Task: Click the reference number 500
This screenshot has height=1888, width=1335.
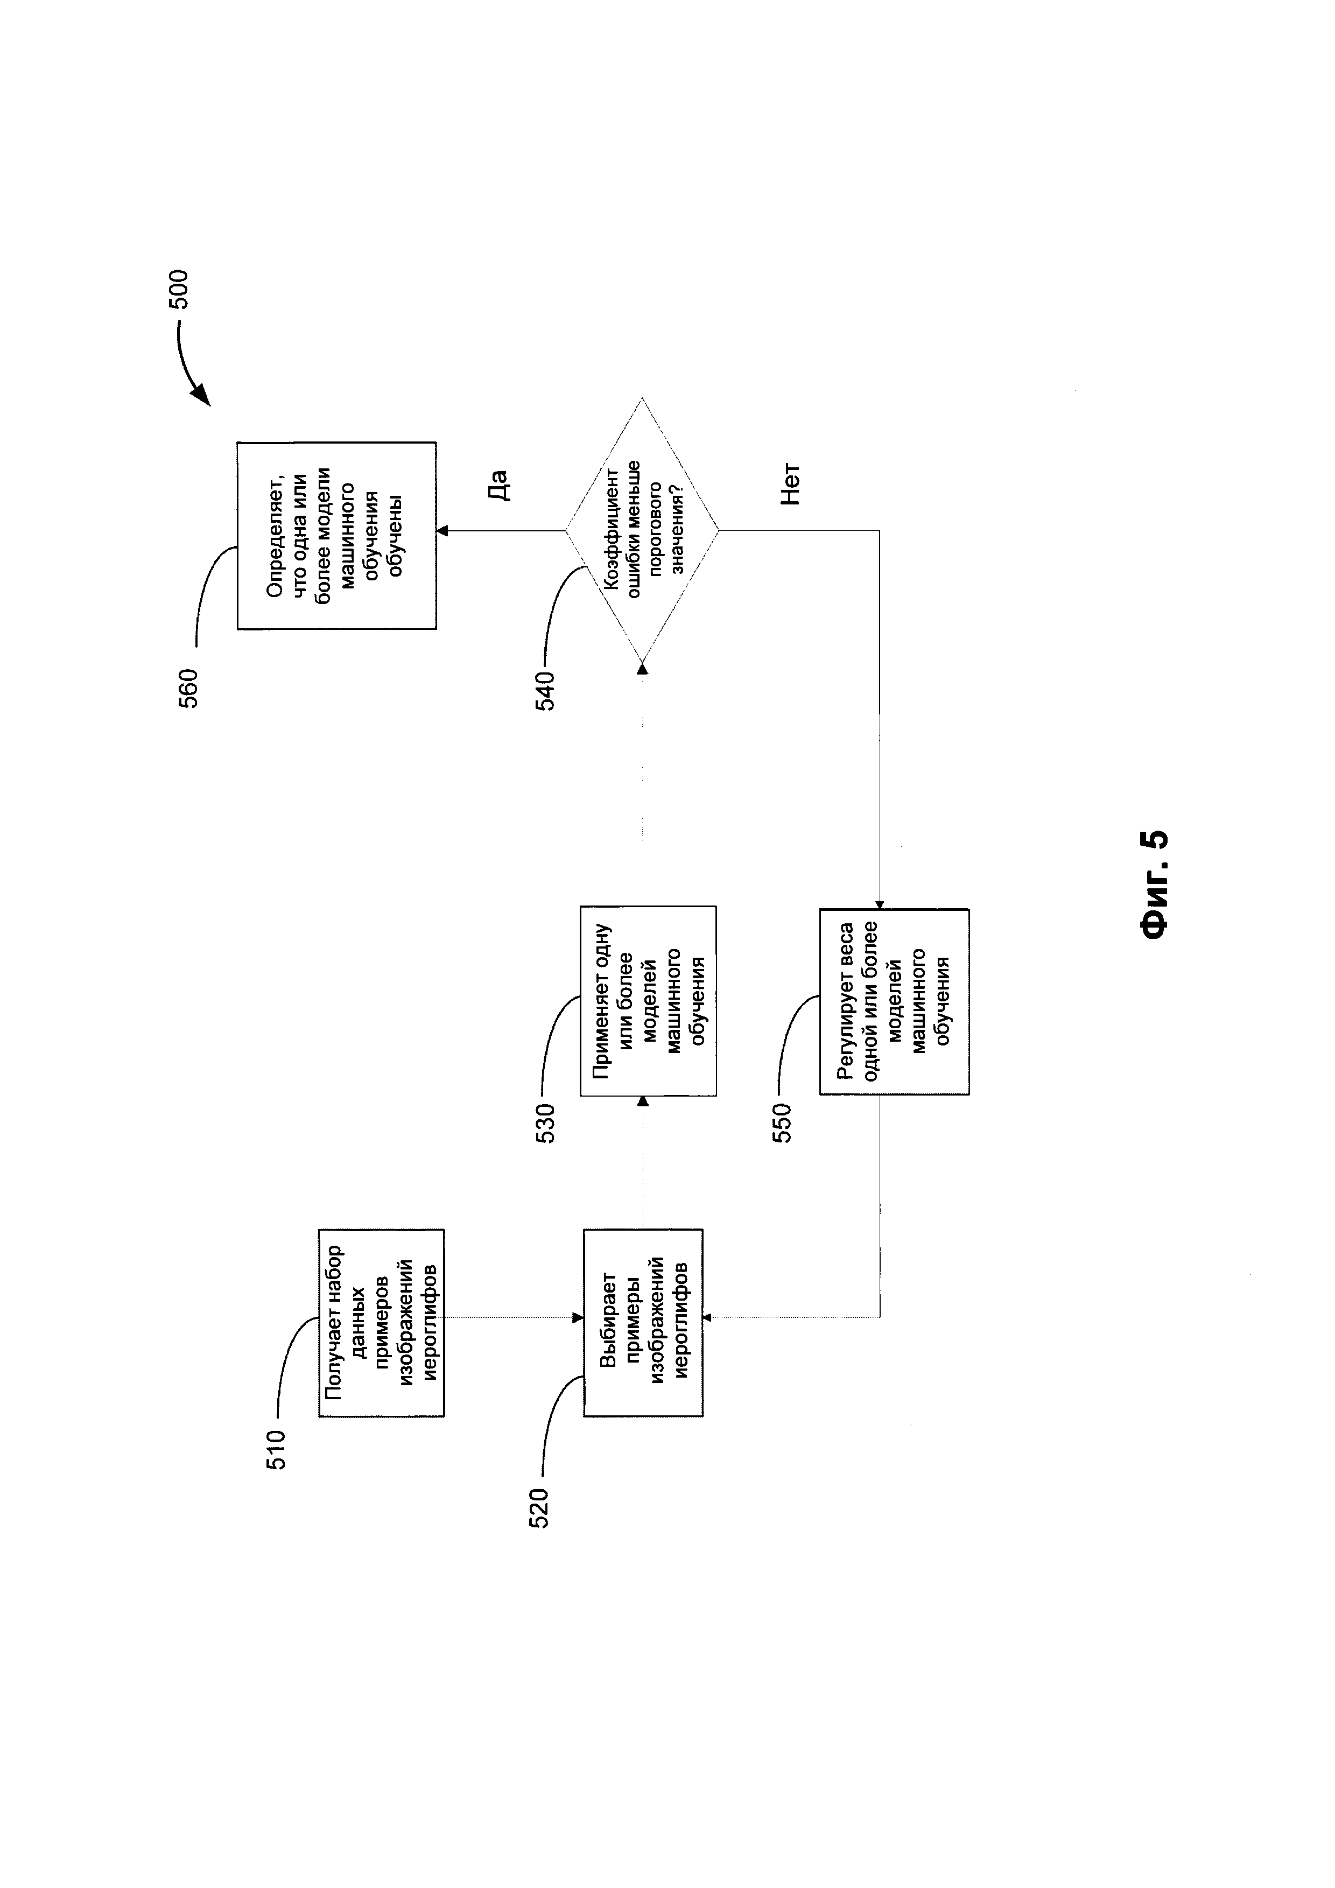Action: [x=178, y=289]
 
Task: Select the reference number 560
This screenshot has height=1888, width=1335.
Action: [x=187, y=687]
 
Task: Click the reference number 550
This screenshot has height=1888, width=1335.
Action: [x=782, y=1122]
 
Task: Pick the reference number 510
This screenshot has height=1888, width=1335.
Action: [x=276, y=1450]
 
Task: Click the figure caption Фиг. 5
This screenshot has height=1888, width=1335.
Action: [x=1154, y=883]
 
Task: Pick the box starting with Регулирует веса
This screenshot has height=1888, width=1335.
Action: [x=894, y=1001]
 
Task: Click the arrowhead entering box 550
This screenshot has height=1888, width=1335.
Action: [x=880, y=904]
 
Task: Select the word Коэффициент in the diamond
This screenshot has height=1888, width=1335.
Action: [x=612, y=530]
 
